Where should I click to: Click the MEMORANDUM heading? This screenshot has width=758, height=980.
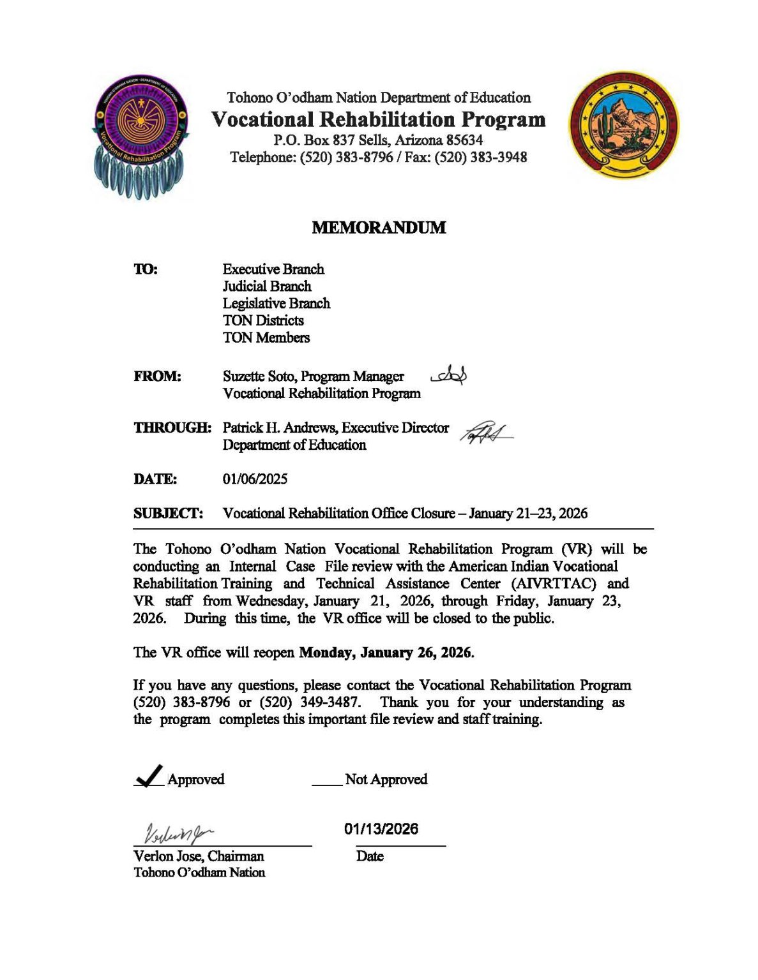pyautogui.click(x=379, y=228)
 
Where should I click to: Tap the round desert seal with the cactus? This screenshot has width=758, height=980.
pyautogui.click(x=625, y=124)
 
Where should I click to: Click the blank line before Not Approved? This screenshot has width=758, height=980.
pyautogui.click(x=327, y=783)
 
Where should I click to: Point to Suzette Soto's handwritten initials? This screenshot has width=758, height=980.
pyautogui.click(x=450, y=376)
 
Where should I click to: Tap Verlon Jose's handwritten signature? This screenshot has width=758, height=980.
pyautogui.click(x=179, y=831)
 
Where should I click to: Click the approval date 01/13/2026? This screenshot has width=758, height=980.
pyautogui.click(x=381, y=829)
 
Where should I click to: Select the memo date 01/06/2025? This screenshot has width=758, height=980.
pyautogui.click(x=255, y=479)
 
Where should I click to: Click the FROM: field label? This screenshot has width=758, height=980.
pyautogui.click(x=157, y=376)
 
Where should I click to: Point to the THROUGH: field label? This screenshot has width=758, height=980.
pyautogui.click(x=172, y=427)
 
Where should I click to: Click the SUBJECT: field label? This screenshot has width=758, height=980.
pyautogui.click(x=168, y=514)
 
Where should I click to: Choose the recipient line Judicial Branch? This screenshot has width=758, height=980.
pyautogui.click(x=267, y=286)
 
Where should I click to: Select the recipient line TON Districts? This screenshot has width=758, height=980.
pyautogui.click(x=263, y=320)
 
